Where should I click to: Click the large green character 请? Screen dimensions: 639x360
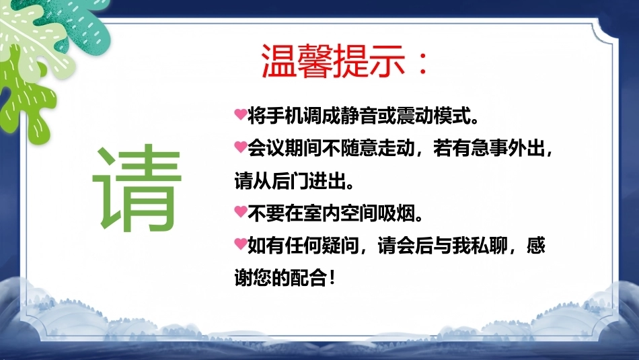(137, 187)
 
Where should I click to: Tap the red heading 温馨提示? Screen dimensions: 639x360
(334, 61)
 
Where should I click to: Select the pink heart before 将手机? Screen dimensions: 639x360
(240, 114)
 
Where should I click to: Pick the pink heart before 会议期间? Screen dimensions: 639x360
(240, 147)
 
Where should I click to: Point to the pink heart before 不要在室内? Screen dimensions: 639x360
(240, 211)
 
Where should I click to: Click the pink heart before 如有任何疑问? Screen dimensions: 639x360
(240, 244)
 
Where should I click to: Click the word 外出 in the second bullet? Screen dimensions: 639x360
(526, 148)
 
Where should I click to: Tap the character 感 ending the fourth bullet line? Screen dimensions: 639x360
(535, 246)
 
